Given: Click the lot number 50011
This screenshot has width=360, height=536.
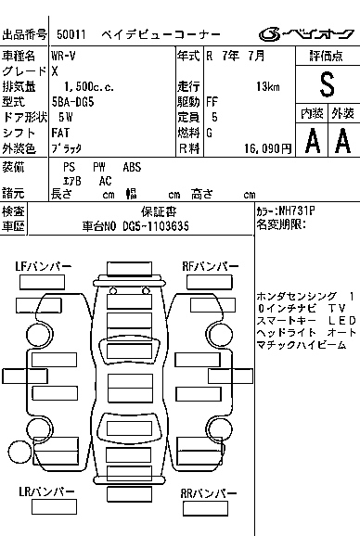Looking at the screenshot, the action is (x=71, y=34).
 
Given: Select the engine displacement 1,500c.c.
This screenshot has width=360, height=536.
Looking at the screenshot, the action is (x=89, y=86).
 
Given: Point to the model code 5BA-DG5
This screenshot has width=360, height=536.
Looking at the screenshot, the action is (x=72, y=102).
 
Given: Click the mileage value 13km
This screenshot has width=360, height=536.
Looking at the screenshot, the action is (x=268, y=86).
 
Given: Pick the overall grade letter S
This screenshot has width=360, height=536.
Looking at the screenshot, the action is (x=327, y=84).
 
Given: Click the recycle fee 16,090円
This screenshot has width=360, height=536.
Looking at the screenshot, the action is (x=268, y=148).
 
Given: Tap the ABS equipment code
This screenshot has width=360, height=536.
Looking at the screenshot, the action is (x=132, y=167).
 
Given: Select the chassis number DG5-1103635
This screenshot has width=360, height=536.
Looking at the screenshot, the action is (x=156, y=226).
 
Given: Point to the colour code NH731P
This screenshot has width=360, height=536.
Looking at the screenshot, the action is (x=297, y=211).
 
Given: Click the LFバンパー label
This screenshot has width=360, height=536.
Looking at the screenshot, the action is (x=43, y=266).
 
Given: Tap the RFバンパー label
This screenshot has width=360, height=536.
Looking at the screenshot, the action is (x=211, y=266).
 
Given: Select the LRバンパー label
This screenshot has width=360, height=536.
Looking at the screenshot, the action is (x=46, y=491).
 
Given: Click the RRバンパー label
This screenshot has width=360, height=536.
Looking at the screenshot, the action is (x=209, y=493).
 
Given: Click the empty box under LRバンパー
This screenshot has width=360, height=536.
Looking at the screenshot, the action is (x=54, y=507).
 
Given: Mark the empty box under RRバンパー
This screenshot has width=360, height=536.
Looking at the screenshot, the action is (x=205, y=509).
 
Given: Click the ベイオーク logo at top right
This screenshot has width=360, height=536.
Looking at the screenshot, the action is (x=306, y=33).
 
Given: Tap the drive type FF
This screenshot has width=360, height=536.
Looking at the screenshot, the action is (x=212, y=102).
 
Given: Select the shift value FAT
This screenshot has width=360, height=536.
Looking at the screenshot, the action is (x=60, y=133).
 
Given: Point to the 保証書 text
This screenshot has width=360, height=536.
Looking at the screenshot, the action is (x=159, y=211).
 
